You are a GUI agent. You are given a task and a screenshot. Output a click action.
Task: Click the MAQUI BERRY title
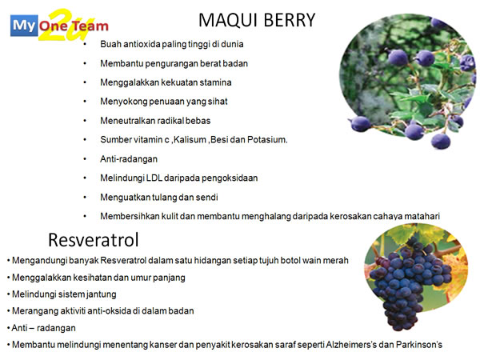[257, 20]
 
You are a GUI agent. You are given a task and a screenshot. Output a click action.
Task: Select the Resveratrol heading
[94, 240]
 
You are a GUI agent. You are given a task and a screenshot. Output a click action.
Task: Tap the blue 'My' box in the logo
[24, 26]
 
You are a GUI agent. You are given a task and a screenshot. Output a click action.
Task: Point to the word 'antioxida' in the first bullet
[137, 44]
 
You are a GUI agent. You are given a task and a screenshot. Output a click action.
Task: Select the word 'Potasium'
[267, 139]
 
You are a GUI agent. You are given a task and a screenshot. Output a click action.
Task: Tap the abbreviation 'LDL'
[154, 178]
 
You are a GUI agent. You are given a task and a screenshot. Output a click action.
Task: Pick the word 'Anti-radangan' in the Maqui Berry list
[129, 159]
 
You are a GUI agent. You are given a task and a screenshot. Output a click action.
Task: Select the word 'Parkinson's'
[419, 345]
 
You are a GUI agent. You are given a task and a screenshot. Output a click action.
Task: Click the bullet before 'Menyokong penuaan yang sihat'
[85, 102]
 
